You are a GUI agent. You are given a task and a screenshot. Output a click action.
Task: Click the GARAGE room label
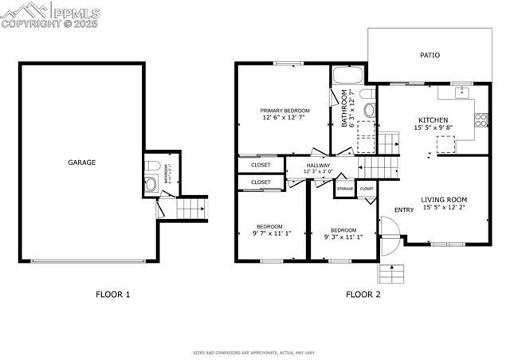pyautogui.click(x=81, y=162)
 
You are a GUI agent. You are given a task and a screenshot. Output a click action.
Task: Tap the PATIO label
pyautogui.click(x=430, y=56)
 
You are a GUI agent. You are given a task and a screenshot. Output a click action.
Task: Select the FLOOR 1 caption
pyautogui.click(x=113, y=295)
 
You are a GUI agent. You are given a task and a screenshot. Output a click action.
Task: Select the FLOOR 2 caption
pyautogui.click(x=363, y=295)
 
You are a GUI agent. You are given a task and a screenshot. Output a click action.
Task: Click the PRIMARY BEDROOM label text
pyautogui.click(x=284, y=111)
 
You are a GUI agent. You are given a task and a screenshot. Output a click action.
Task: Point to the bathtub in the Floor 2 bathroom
pyautogui.click(x=347, y=76)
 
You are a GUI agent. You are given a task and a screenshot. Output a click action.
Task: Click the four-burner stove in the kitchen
pyautogui.click(x=481, y=121)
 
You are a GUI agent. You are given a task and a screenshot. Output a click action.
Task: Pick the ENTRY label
pyautogui.click(x=404, y=210)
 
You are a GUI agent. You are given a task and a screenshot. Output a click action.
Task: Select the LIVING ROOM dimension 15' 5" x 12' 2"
pyautogui.click(x=444, y=209)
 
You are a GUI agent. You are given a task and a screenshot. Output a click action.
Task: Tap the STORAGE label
pyautogui.click(x=344, y=189)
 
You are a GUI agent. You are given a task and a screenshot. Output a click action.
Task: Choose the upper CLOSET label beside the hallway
pyautogui.click(x=261, y=165)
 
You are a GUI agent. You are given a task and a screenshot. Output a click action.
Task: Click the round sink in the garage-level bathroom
pyautogui.click(x=151, y=186)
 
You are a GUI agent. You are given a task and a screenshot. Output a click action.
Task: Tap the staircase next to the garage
pyautogui.click(x=191, y=209)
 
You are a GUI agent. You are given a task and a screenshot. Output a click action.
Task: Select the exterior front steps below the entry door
pyautogui.click(x=394, y=273)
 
